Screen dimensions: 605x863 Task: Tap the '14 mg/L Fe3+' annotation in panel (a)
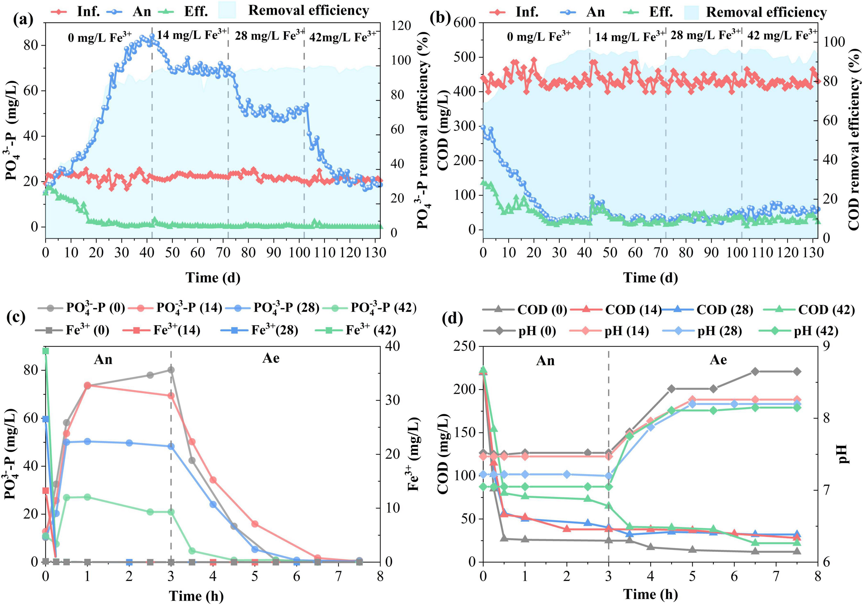[x=192, y=35]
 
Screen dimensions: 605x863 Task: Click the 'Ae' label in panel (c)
[x=271, y=358]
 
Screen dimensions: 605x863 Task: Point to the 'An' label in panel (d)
[x=545, y=361]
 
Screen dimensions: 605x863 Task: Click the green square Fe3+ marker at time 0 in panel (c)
[x=45, y=351]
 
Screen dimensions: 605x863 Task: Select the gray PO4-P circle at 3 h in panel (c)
[x=171, y=370]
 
